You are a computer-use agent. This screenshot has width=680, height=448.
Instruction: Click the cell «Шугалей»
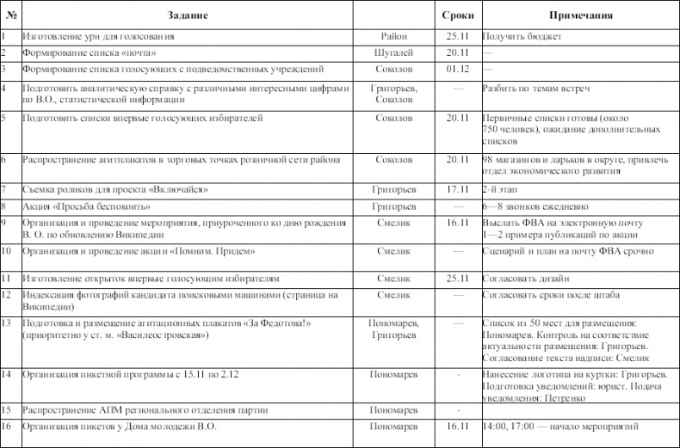(393, 52)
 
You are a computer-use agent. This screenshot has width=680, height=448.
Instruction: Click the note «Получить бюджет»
(522, 37)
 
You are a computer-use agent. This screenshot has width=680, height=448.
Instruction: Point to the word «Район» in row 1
(393, 37)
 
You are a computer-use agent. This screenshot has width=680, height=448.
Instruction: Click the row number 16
(6, 426)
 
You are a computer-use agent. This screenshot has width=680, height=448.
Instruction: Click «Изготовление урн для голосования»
(99, 37)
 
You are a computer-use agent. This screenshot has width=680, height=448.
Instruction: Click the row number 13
(6, 322)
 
